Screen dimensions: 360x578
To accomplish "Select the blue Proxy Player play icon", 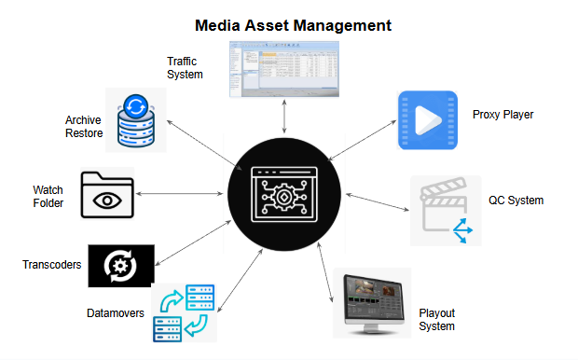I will pos(427,121).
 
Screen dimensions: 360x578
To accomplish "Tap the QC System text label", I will pos(516,200).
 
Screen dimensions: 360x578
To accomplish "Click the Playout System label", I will pos(436,319).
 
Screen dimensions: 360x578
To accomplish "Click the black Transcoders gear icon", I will pos(120,265).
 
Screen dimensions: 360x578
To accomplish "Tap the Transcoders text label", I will pos(51,265).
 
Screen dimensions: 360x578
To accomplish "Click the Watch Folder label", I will pos(48,197).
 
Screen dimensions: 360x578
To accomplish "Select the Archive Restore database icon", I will pos(135,121).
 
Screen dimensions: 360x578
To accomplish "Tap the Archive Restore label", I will pos(83,127).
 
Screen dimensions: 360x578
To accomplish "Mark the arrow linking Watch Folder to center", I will pos(183,194).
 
